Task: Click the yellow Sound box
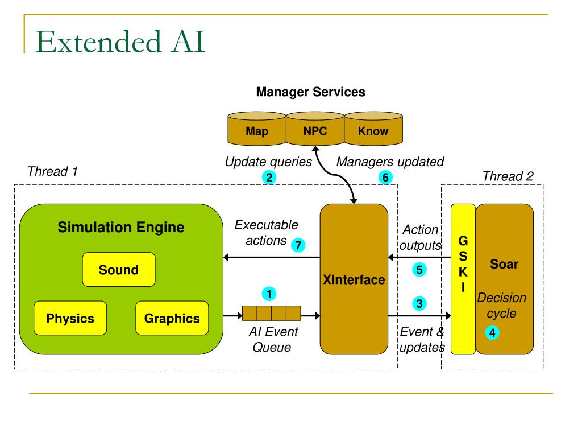(119, 269)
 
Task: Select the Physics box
(70, 318)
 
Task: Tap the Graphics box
(172, 318)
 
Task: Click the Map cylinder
(257, 129)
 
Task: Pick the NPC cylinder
(315, 129)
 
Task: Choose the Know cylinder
(373, 129)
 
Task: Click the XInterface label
(354, 279)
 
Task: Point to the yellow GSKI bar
(463, 279)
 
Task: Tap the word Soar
(504, 264)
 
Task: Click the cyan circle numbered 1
(269, 294)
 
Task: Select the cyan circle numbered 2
(269, 178)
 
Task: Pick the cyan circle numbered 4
(492, 332)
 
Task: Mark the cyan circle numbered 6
(386, 178)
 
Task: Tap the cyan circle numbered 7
(298, 245)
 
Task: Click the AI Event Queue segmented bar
(271, 314)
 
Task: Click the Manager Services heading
(311, 92)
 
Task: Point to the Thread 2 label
(508, 176)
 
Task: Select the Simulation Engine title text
(121, 227)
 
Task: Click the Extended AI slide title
(120, 42)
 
